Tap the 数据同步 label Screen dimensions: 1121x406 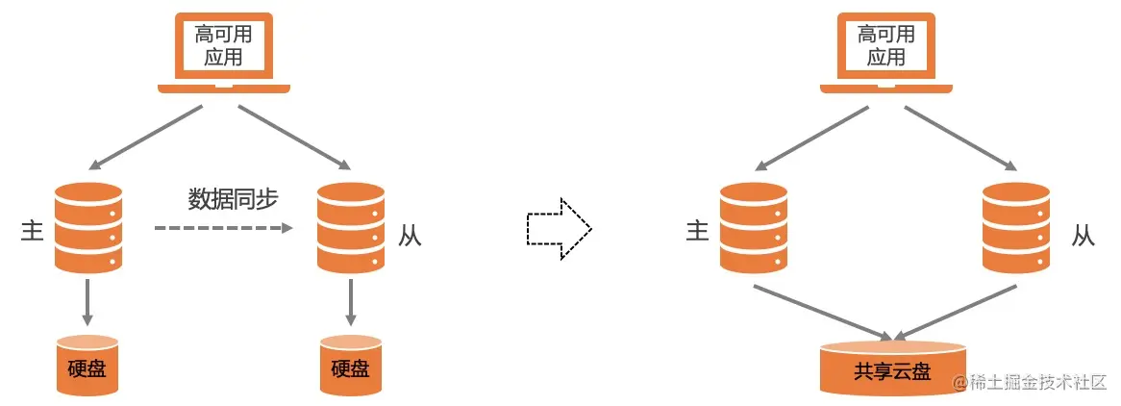point(233,200)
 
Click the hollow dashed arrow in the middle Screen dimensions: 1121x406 point(559,229)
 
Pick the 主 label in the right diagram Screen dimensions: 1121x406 point(697,231)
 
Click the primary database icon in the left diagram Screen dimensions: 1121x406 point(88,228)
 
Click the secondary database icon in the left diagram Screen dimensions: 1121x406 point(351,228)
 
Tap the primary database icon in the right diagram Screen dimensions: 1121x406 point(754,228)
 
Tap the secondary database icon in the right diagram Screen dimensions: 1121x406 point(1016,228)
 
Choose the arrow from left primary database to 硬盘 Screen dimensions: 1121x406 point(88,302)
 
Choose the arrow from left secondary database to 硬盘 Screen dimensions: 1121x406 point(351,302)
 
